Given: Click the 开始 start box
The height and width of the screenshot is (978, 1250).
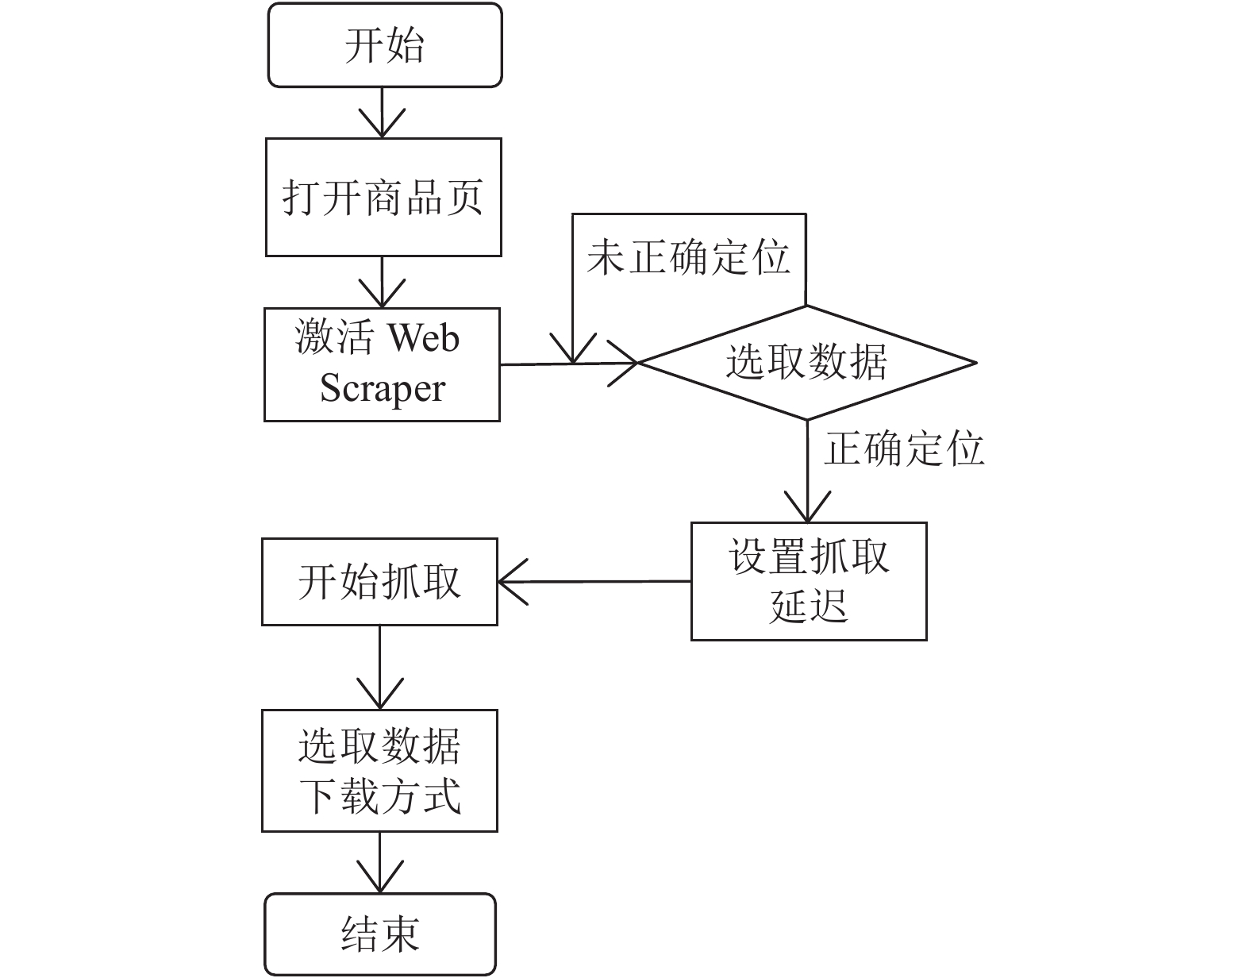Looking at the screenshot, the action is point(385,45).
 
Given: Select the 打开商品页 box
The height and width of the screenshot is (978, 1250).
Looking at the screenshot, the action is point(383,198).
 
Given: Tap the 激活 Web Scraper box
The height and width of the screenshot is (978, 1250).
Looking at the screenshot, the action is point(382,364).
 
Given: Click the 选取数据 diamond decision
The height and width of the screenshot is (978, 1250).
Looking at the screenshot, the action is point(807,363).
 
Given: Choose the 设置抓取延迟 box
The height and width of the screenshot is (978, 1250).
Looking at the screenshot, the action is point(809,581).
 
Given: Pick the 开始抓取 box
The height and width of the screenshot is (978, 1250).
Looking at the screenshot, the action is point(379,582).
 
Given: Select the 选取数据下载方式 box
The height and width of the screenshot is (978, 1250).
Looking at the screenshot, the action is point(379,771).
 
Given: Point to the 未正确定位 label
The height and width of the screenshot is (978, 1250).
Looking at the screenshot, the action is point(688,257).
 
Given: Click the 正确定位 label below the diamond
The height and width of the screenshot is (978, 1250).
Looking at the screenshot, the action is point(904,449).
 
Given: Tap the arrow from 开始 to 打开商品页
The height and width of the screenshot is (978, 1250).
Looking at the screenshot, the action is point(382,113).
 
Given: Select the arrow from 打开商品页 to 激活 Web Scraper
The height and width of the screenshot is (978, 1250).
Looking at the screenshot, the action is point(382,282).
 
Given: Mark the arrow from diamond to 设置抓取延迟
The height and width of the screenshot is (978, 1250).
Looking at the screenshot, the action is point(808,472).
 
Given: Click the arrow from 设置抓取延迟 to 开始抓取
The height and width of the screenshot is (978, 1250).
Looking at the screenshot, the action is point(594,582).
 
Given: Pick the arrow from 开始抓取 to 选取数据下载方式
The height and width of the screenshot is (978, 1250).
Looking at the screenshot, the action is point(379,668).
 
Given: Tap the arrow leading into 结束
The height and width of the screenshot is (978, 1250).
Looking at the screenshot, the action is point(379,862).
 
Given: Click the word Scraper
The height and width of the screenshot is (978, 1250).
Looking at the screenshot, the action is point(383,390).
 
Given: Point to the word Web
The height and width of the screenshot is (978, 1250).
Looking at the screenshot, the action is point(424,337).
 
